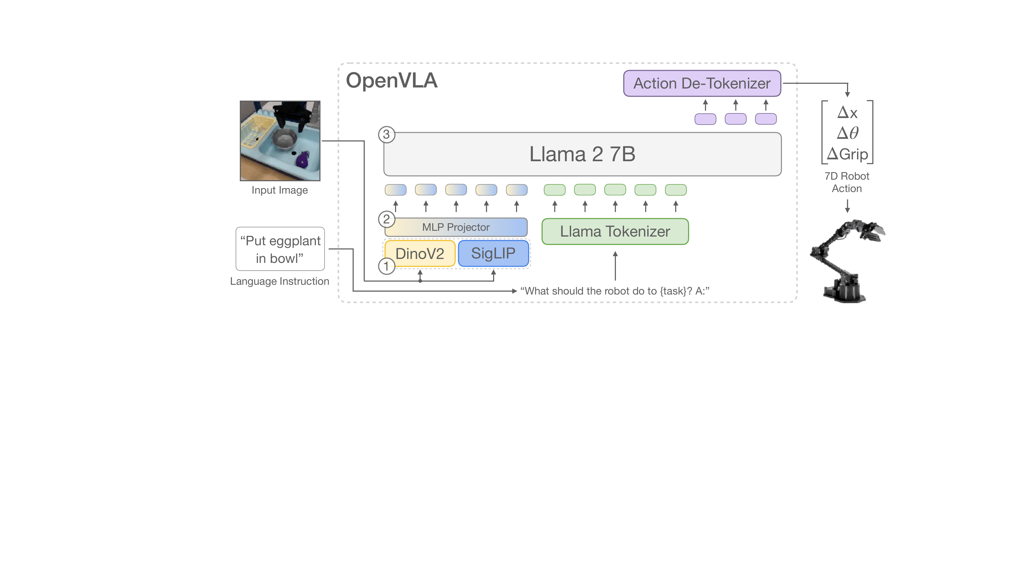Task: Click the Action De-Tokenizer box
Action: click(702, 83)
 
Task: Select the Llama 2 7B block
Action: click(582, 154)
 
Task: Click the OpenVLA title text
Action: click(392, 81)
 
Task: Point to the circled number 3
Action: click(387, 135)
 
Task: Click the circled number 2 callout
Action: click(387, 219)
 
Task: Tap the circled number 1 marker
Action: click(387, 266)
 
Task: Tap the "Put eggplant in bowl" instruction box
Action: click(280, 249)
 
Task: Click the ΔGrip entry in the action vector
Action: click(847, 154)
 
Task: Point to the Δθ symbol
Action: click(848, 133)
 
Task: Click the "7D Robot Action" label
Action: click(847, 182)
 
